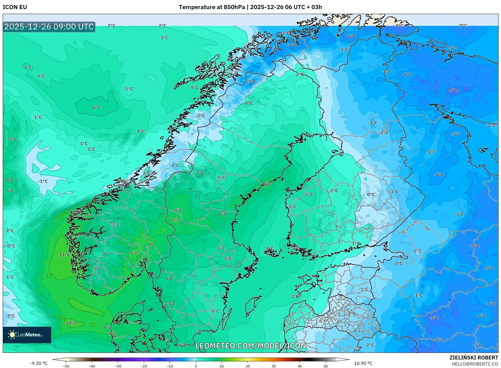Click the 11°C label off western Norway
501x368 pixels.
click(x=65, y=255)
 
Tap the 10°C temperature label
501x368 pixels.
click(x=71, y=323)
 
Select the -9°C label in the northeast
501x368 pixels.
click(x=453, y=90)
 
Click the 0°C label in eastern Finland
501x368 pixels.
click(x=371, y=194)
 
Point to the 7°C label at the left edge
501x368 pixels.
click(x=13, y=139)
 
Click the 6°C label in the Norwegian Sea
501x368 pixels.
click(x=96, y=108)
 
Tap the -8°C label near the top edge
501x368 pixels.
click(x=399, y=26)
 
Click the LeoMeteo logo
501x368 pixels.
click(x=27, y=335)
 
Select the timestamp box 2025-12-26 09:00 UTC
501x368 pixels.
click(x=49, y=27)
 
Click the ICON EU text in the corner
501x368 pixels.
click(x=15, y=7)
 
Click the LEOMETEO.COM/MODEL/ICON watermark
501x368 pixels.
click(x=250, y=346)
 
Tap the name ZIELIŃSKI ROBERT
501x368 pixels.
click(x=473, y=358)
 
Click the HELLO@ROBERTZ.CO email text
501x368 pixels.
click(x=475, y=364)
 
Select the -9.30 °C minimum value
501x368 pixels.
click(x=39, y=363)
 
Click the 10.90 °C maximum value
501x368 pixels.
click(x=363, y=363)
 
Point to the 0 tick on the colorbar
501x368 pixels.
click(x=196, y=366)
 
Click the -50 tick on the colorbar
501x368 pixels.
click(x=66, y=366)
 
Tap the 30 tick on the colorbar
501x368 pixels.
click(x=274, y=366)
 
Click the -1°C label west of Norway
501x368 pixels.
click(x=43, y=181)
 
